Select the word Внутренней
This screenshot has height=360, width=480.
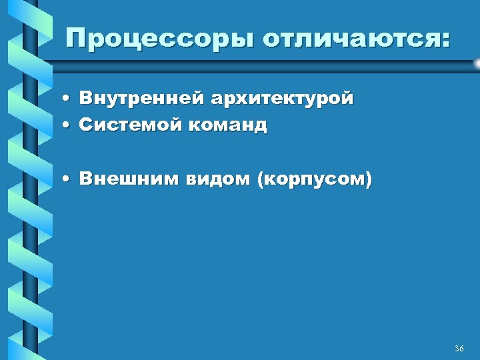(141, 99)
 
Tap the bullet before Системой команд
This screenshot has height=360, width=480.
(69, 125)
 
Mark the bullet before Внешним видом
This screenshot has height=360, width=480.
(69, 179)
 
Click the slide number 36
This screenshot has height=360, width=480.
(459, 349)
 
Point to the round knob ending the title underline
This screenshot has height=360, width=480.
(476, 63)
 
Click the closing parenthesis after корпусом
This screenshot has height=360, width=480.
(369, 179)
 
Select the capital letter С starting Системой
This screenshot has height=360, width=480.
(85, 124)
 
